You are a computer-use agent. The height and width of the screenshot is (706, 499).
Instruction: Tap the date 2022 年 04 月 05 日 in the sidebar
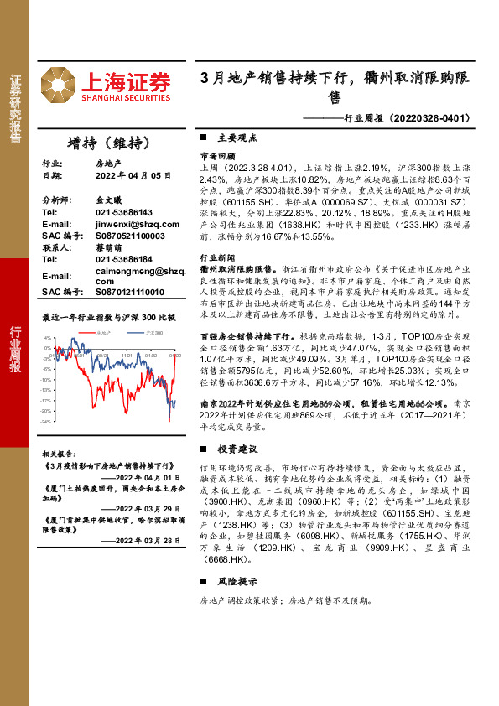(133, 176)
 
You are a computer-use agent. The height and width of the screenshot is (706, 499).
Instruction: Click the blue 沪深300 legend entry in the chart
(152, 333)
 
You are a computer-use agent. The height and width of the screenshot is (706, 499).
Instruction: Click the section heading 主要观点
(237, 137)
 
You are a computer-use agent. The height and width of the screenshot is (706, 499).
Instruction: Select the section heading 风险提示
(237, 582)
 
